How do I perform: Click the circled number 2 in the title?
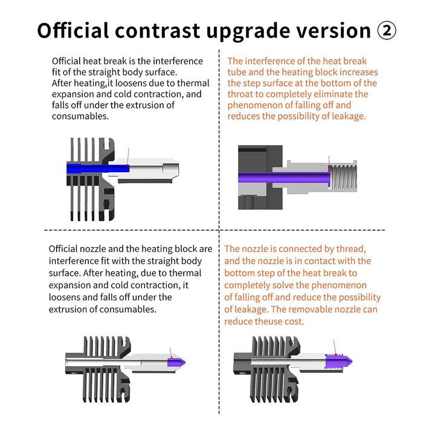click(x=387, y=31)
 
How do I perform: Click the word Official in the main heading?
click(x=73, y=30)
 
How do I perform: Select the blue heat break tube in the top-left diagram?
click(x=98, y=168)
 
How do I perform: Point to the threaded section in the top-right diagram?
click(x=343, y=177)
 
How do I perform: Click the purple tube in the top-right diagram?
click(x=284, y=177)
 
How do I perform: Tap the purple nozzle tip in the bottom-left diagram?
click(x=176, y=362)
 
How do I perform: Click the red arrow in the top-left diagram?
click(x=128, y=156)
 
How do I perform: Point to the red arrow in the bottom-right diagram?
click(x=335, y=347)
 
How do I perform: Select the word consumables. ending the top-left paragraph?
click(x=80, y=116)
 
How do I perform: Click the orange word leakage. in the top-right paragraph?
click(x=349, y=116)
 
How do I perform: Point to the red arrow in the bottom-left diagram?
click(x=171, y=352)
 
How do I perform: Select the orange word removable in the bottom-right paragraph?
click(x=315, y=309)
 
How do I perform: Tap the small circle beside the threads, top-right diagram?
click(x=323, y=168)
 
